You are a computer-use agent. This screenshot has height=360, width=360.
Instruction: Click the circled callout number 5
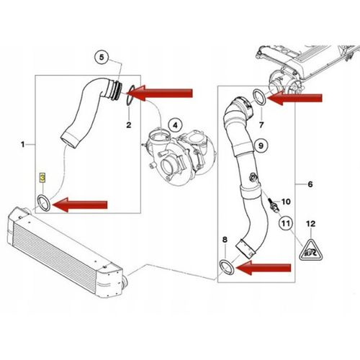(102, 57)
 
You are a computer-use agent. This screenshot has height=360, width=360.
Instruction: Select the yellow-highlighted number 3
(42, 176)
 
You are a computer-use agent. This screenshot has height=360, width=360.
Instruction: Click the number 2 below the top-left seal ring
(129, 125)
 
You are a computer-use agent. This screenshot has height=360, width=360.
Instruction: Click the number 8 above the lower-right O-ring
(225, 238)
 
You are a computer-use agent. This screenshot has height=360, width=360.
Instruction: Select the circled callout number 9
(261, 146)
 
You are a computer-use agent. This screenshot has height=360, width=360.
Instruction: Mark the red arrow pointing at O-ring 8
(266, 269)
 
